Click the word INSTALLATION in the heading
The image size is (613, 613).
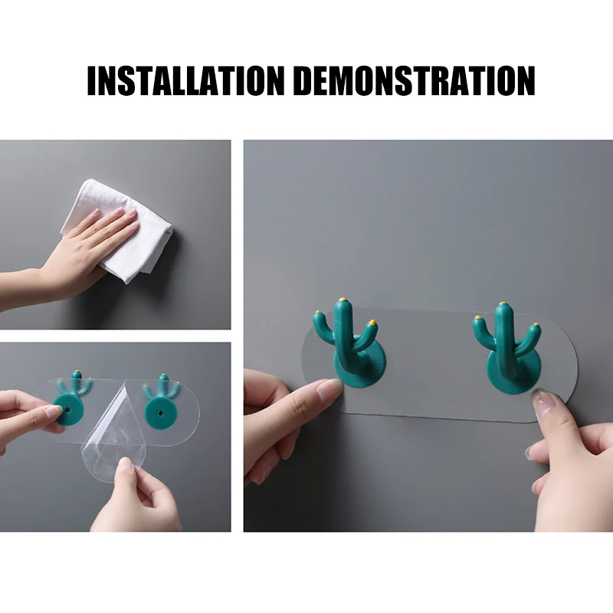[185, 80]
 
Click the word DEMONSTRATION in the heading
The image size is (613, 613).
[414, 80]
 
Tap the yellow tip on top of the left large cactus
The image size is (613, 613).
[343, 300]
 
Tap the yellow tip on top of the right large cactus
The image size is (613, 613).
[502, 304]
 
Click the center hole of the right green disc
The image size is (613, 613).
[160, 412]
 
